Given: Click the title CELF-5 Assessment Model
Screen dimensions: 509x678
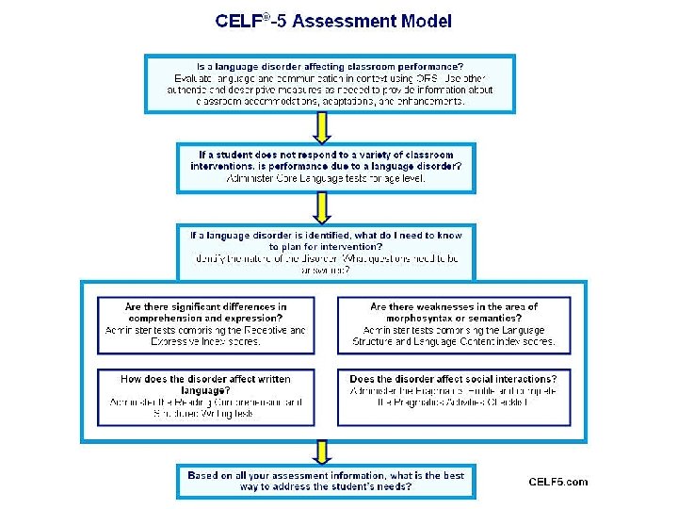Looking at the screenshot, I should (333, 20).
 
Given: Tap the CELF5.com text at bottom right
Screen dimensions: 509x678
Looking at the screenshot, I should (557, 482).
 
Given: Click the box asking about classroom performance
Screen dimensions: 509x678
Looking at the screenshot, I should (330, 83).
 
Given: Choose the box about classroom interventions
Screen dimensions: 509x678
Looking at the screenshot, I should (325, 167).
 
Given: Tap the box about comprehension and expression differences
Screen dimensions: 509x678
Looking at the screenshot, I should (206, 324).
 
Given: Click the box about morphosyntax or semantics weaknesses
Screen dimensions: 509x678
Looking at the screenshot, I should (454, 324).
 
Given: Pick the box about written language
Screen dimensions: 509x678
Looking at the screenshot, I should (206, 395).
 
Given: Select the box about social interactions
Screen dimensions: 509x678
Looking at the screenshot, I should (454, 395).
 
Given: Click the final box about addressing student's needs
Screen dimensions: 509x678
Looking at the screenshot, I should (325, 482).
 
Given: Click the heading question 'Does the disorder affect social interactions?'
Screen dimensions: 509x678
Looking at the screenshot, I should (454, 379).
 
